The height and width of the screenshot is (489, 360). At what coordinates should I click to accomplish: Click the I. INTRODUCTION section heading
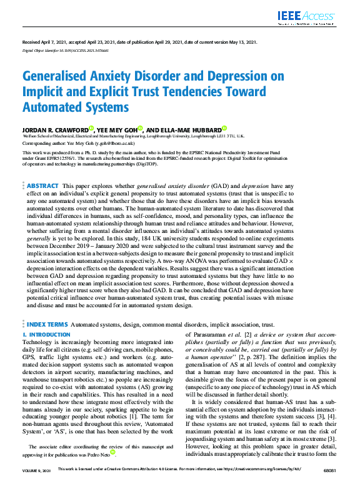(x=46, y=335)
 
